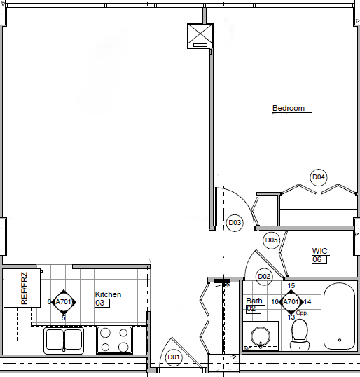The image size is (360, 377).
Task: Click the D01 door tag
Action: point(174,358)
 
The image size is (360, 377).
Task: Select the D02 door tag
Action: point(264,276)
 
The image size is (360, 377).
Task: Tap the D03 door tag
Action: point(235,223)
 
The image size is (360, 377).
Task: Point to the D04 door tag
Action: point(319,177)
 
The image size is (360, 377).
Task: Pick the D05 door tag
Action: point(272,240)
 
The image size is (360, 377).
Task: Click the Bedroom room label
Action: point(289,109)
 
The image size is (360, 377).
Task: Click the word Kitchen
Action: point(108,295)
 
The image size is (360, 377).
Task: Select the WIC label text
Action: point(320,250)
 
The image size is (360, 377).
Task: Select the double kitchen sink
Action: point(64,341)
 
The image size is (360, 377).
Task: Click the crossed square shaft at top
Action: point(199,35)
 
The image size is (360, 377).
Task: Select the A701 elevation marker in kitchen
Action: point(64,302)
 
